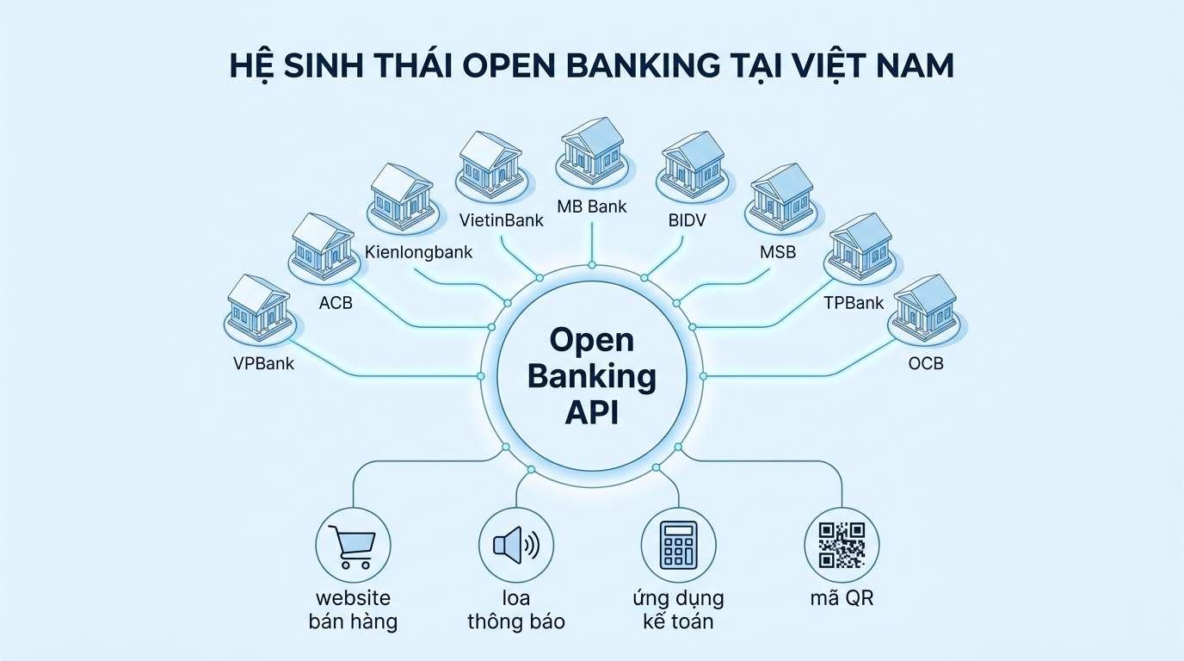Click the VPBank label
coord(263,363)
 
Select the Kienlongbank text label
coord(419,252)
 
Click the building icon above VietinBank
coord(490,161)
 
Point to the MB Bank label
coord(592,207)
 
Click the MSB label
coord(778,252)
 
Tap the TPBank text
coord(854,303)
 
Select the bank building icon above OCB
coord(926,306)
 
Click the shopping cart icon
coord(354,545)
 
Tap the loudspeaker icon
coord(515,545)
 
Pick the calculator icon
coord(678,545)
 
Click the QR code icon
coord(841,545)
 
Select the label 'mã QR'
coord(841,597)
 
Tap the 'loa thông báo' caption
coord(515,609)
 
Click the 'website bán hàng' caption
coord(354,609)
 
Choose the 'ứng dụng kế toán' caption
coord(678,609)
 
